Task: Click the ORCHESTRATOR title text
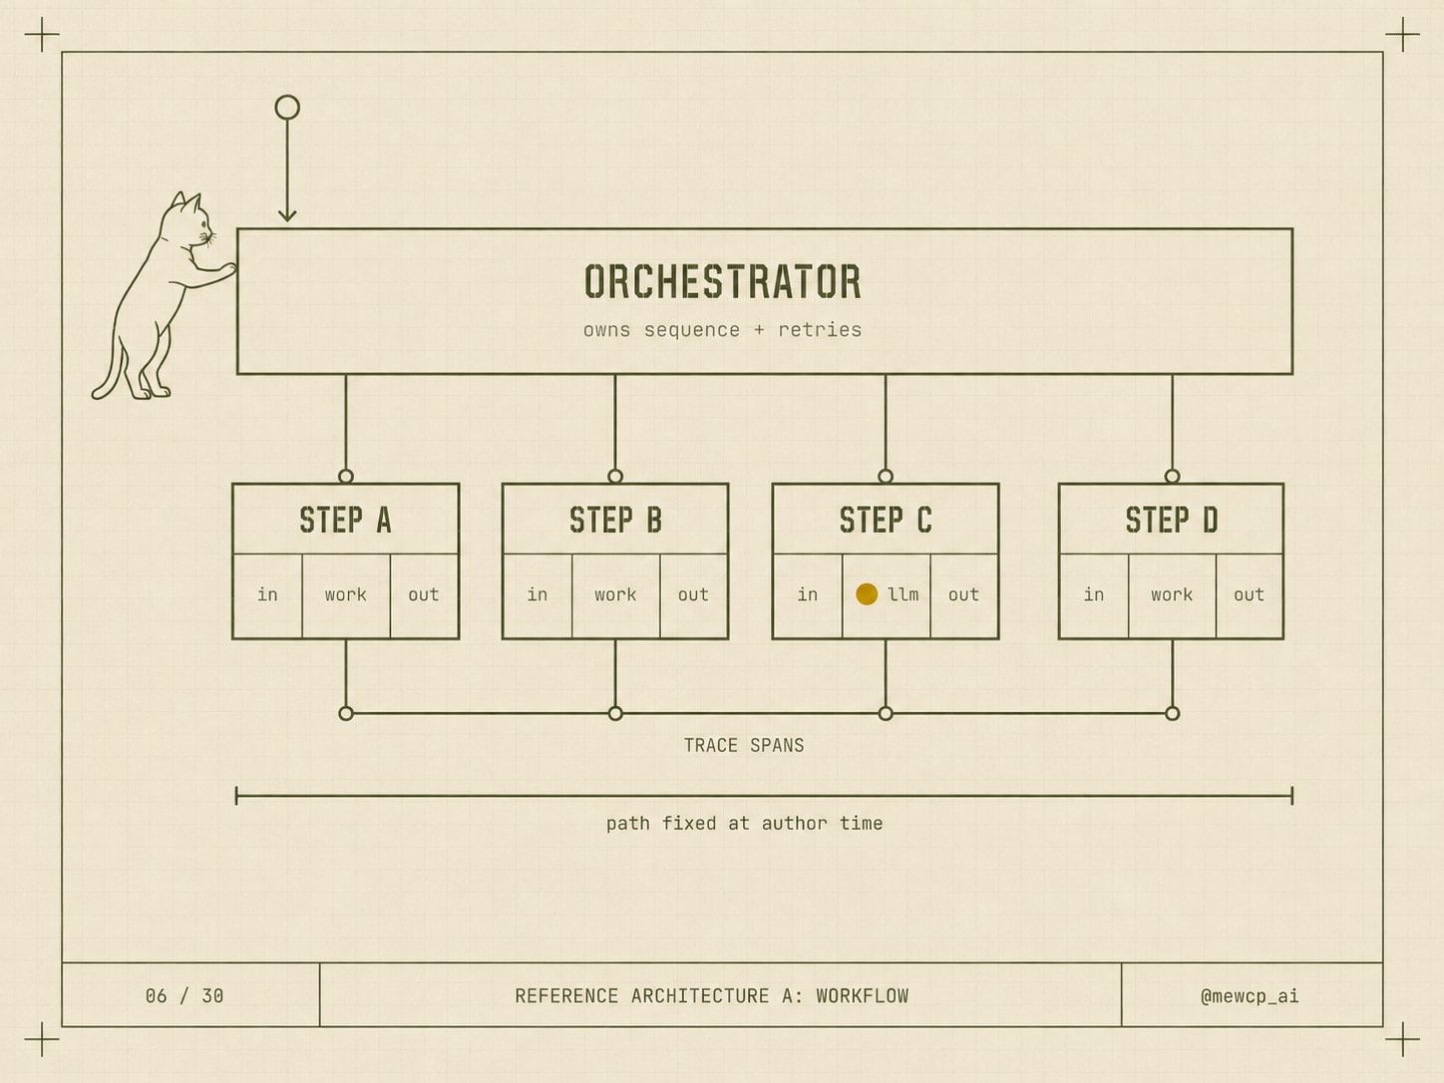point(722,281)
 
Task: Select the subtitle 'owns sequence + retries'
point(722,329)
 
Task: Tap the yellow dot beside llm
point(867,593)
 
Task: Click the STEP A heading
point(345,520)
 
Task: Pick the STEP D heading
point(1172,520)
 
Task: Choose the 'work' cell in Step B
point(615,594)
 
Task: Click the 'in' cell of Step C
point(808,594)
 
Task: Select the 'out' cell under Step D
point(1249,594)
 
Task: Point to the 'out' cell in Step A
point(424,594)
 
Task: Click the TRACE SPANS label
point(744,745)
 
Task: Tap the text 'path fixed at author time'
point(744,824)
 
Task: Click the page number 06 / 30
point(184,995)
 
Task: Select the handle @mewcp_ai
point(1250,996)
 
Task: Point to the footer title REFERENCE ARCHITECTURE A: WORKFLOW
point(711,995)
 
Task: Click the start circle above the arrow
point(287,107)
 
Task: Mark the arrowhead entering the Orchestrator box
point(287,215)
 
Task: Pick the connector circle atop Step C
point(886,476)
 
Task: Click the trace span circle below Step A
point(346,713)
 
